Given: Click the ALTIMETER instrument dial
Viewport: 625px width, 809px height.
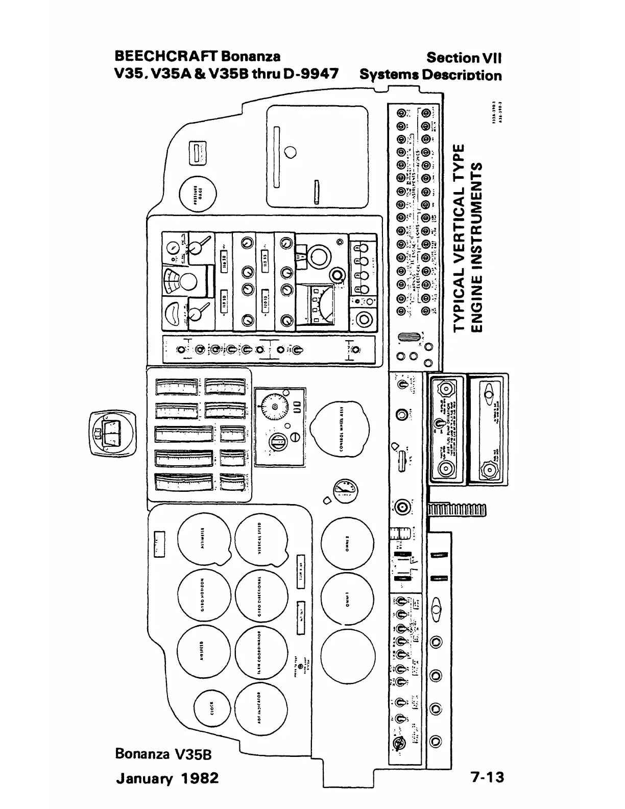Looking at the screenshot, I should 203,543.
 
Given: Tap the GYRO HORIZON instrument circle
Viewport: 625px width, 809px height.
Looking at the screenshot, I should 203,597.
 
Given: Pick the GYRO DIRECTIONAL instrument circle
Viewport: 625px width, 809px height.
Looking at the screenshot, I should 261,597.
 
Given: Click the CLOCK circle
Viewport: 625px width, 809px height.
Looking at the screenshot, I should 213,710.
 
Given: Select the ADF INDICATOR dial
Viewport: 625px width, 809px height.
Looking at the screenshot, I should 261,710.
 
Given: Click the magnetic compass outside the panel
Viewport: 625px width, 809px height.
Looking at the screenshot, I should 113,433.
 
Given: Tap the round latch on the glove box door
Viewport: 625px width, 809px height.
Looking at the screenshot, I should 291,152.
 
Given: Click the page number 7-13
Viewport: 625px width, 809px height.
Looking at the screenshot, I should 488,777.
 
